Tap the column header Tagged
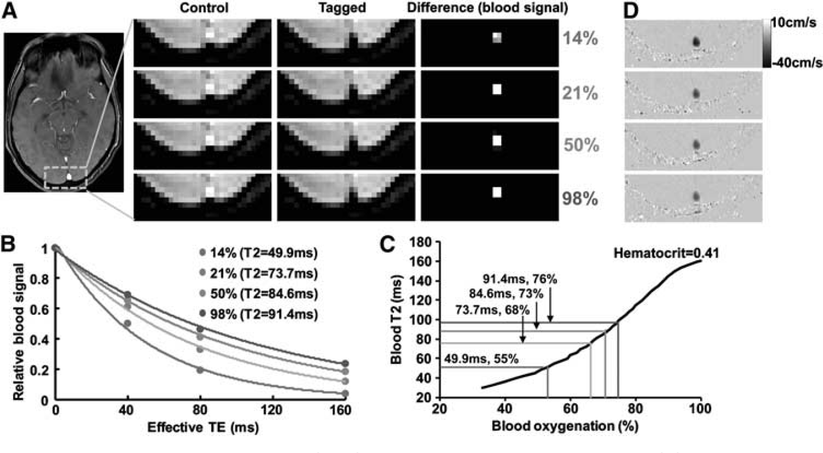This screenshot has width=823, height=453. (342, 8)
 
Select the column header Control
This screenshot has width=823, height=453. (204, 8)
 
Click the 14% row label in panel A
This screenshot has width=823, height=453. (580, 40)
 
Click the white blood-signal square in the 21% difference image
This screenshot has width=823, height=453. (497, 89)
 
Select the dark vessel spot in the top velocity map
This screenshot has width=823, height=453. (696, 42)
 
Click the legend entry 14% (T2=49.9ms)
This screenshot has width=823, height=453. (258, 253)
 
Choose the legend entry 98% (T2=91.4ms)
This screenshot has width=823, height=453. (258, 314)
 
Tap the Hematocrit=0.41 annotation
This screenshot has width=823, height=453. (666, 253)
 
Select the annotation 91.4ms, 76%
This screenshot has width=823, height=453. (520, 279)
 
